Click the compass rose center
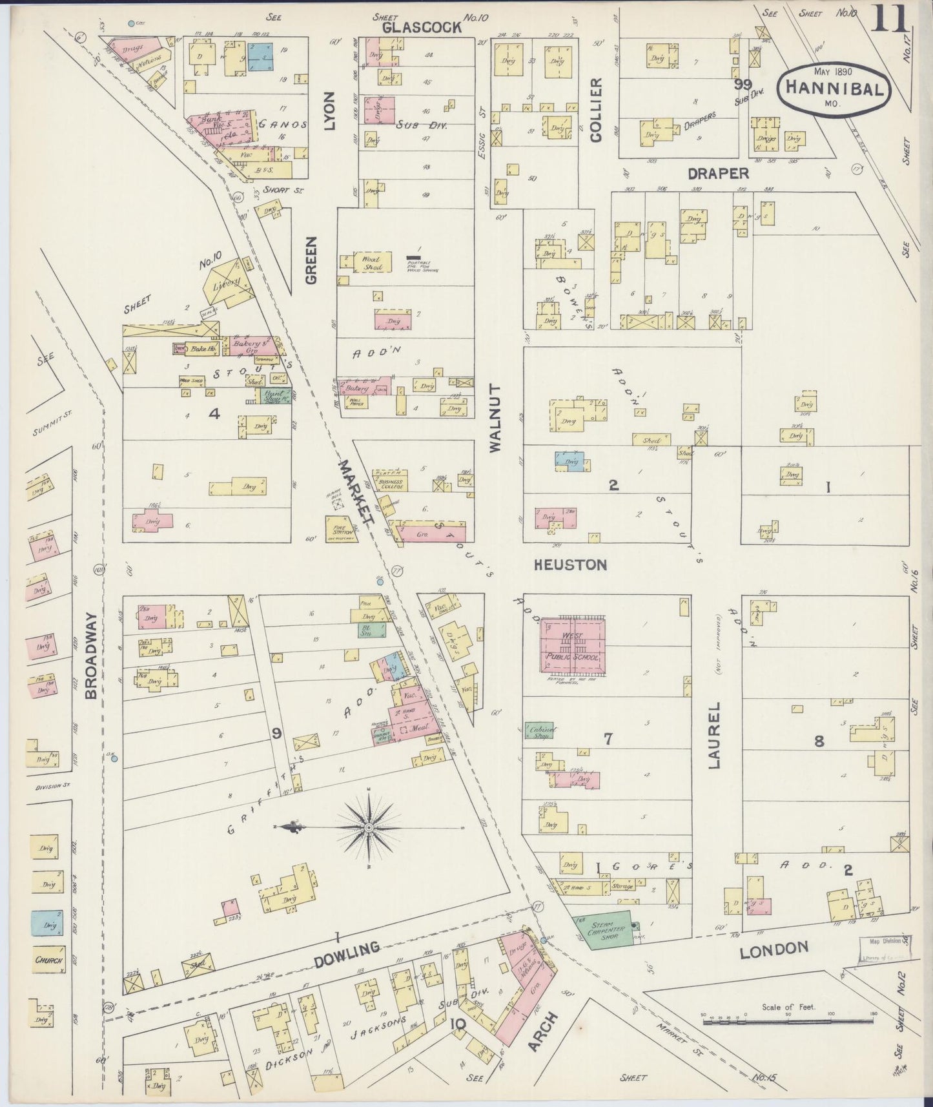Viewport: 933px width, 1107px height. (x=368, y=827)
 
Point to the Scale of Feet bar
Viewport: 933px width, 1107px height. (x=788, y=1021)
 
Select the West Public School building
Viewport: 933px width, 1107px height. (x=573, y=645)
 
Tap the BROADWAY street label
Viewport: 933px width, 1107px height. (x=90, y=656)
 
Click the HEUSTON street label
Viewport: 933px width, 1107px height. (x=571, y=565)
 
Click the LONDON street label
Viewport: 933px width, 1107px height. (x=774, y=949)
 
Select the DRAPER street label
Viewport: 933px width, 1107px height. (x=718, y=174)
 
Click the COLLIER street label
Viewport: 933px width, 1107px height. (x=595, y=110)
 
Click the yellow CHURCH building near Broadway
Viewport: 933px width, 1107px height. (x=48, y=960)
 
